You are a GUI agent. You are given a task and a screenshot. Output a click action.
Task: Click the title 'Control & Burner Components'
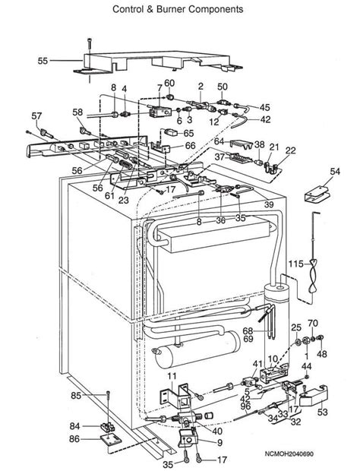point(178,10)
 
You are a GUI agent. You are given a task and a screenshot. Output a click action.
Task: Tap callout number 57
point(36,115)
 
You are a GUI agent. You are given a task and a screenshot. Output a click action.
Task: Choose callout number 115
point(295,263)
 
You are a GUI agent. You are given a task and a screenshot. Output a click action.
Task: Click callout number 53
point(324,413)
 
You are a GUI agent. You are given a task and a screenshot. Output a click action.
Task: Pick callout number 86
point(76,439)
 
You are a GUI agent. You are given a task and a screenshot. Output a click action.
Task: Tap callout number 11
point(172,377)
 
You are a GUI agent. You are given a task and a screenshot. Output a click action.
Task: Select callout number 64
point(219,141)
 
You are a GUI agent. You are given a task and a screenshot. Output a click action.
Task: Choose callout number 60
point(169,83)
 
